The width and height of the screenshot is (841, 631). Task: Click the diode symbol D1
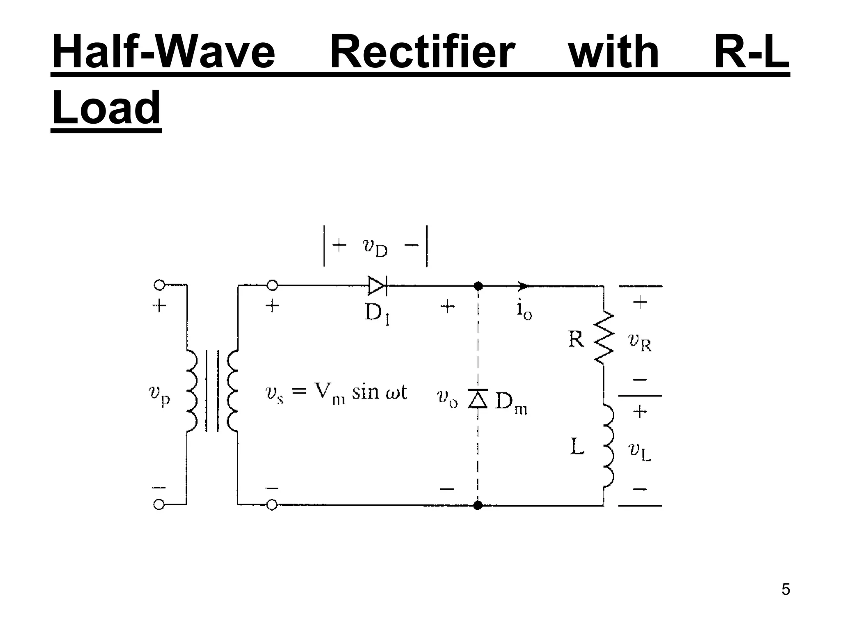(x=377, y=286)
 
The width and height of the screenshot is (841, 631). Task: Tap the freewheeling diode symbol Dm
(x=478, y=398)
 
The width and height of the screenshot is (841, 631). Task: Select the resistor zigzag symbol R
(x=604, y=338)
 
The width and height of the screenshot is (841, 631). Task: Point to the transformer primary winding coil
(x=192, y=390)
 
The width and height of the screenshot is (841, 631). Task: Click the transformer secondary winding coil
(x=232, y=390)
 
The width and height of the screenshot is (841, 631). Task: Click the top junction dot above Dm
(x=478, y=286)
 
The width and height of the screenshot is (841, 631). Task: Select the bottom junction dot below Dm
(x=478, y=505)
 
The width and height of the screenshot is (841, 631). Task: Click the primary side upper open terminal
(x=159, y=285)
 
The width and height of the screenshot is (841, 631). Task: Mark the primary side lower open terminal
(x=159, y=505)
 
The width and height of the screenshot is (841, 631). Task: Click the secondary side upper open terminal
(x=272, y=285)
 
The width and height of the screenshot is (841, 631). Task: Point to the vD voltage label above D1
(x=375, y=247)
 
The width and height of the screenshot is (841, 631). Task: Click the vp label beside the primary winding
(x=159, y=396)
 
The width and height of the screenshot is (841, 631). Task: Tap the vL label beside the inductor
(x=640, y=451)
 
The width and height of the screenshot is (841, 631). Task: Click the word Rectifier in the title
(x=422, y=53)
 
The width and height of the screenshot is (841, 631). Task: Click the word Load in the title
(x=106, y=108)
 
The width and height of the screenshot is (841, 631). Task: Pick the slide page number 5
(x=786, y=589)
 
